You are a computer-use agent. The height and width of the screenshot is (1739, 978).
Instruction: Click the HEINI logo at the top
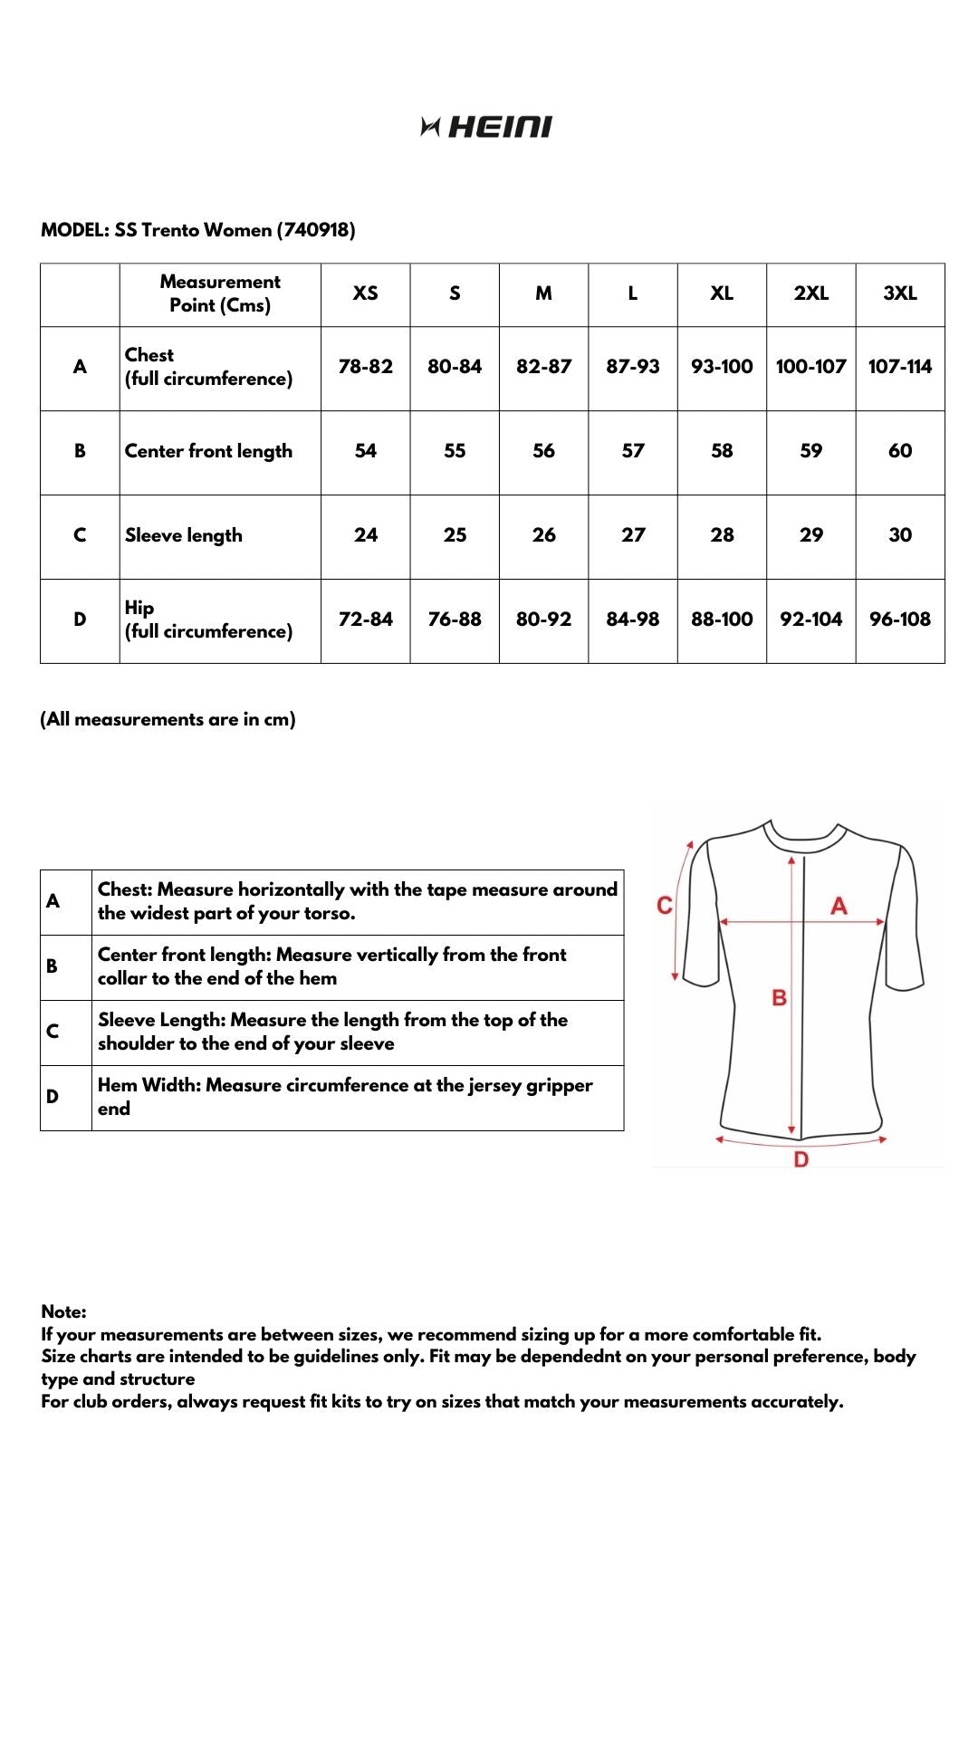coord(486,127)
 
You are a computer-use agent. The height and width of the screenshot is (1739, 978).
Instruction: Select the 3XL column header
coord(900,293)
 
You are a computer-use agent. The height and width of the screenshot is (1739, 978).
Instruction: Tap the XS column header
coord(365,293)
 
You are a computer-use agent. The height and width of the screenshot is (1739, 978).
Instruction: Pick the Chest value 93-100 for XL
coord(722,367)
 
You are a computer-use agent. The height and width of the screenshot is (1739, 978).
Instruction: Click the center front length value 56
coord(543,451)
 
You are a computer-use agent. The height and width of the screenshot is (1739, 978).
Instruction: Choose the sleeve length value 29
coord(811,535)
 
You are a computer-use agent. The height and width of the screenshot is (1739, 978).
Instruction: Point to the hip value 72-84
coord(365,620)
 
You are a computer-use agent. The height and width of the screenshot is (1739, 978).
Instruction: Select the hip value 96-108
coord(900,620)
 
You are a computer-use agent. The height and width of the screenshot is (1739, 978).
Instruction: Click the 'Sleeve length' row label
coord(184,535)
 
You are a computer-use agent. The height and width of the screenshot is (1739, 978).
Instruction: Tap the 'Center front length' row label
coord(208,451)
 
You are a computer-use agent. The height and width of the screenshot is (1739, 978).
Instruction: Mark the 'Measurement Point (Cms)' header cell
coord(220,293)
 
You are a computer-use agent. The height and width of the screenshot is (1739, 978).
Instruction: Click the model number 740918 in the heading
coord(316,230)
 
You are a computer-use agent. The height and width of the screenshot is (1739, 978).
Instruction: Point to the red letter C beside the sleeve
coord(665,906)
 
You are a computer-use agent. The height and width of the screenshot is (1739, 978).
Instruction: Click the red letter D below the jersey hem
coord(801,1160)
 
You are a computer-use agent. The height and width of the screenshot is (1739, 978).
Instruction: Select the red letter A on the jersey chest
coord(839,906)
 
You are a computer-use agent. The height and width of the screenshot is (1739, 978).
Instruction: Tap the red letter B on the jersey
coord(779,998)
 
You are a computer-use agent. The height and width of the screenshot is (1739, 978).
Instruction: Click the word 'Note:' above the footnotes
coord(63,1311)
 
